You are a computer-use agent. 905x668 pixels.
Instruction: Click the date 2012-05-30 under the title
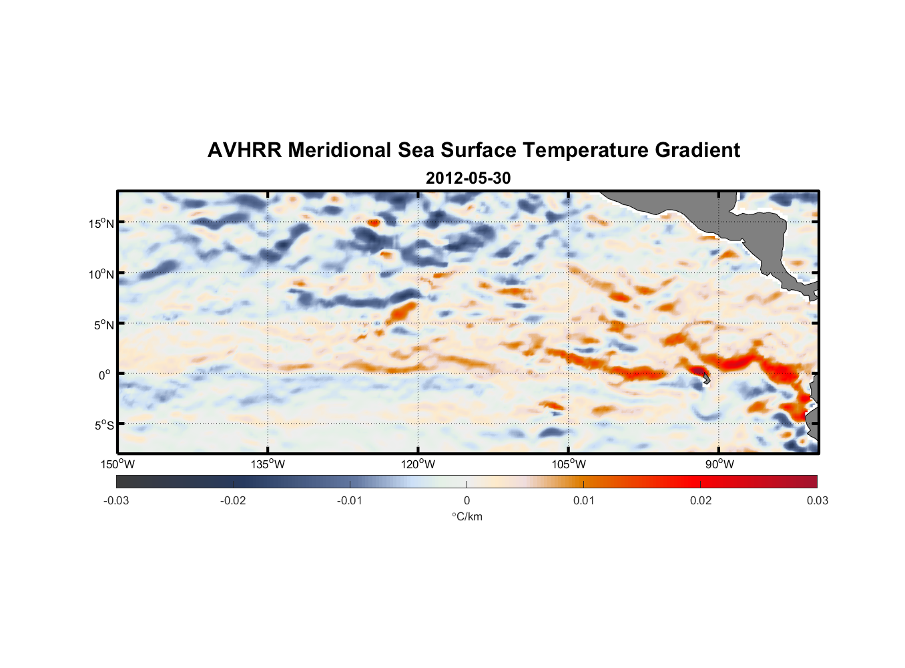[468, 178]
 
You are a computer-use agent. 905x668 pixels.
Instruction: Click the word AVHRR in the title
[244, 150]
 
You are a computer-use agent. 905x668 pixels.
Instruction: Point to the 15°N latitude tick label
[101, 223]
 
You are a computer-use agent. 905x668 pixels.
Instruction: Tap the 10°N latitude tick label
[101, 274]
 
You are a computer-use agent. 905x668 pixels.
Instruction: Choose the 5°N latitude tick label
[103, 325]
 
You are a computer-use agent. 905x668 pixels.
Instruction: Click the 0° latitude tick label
[105, 375]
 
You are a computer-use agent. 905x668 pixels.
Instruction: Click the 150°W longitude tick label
[117, 464]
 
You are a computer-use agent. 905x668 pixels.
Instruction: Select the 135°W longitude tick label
[268, 464]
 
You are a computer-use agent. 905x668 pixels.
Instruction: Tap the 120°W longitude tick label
[418, 464]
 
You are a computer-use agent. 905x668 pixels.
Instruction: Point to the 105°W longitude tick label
[569, 464]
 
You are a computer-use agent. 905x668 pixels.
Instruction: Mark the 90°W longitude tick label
[719, 464]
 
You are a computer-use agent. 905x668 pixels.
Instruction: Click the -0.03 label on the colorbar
[116, 500]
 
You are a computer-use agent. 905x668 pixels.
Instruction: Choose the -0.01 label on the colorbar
[350, 500]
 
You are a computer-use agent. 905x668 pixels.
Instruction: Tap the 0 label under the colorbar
[467, 500]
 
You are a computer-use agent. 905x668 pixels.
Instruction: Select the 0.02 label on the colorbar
[701, 500]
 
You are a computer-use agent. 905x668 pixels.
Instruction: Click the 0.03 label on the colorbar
[817, 500]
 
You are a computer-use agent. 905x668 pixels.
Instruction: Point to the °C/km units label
[467, 516]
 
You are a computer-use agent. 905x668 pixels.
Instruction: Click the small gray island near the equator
[706, 379]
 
